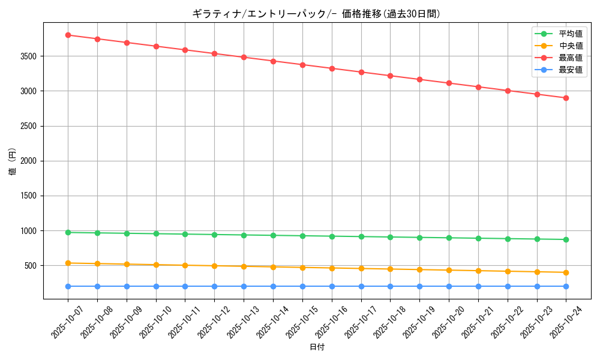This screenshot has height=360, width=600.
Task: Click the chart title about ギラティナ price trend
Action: tap(316, 14)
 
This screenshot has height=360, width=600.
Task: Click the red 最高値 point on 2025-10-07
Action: tap(68, 35)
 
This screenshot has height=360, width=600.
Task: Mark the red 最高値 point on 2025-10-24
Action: tap(566, 98)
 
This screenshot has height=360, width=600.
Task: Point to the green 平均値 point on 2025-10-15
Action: tap(302, 236)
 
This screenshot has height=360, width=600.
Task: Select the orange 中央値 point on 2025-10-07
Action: tap(68, 263)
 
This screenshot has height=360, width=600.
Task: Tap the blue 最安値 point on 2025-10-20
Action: tap(449, 286)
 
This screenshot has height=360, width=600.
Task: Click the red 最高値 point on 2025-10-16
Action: tap(332, 68)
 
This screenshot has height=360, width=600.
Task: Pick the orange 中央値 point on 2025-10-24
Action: tap(566, 272)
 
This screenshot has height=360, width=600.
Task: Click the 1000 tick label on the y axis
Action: tap(30, 231)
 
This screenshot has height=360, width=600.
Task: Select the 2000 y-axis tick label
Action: tap(30, 161)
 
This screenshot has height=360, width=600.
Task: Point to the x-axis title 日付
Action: tap(317, 347)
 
